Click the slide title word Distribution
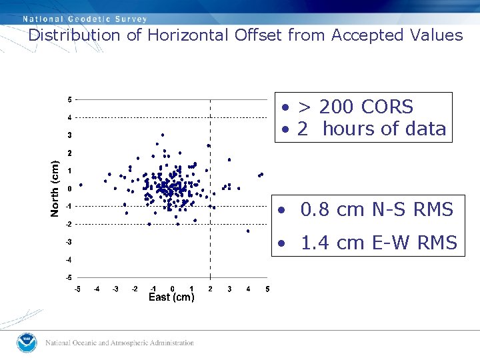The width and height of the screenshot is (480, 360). point(75,35)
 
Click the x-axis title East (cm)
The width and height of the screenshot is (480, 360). point(171,297)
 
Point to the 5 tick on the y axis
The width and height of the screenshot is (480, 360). point(69,100)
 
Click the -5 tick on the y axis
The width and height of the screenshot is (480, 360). point(68,277)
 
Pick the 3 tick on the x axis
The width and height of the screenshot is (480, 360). point(229,289)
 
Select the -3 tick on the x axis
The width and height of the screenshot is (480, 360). point(115,289)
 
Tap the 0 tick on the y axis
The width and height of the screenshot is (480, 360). point(69,189)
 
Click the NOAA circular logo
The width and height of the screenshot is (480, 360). point(27,343)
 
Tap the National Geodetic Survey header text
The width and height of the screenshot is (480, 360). point(85,19)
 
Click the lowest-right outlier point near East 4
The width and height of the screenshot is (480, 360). point(248,231)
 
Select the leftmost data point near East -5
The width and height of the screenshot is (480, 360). point(81,185)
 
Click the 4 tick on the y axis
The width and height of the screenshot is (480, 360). point(69,118)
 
